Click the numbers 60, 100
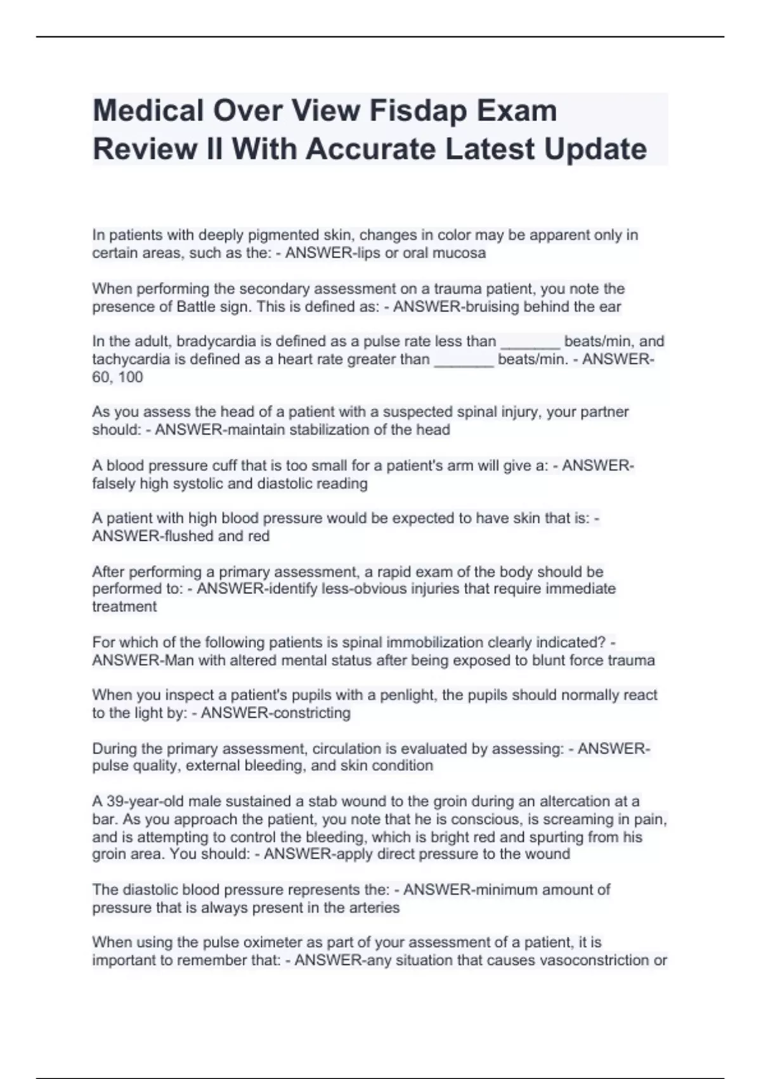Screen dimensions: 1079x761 coord(117,377)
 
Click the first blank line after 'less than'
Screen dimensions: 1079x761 coord(530,343)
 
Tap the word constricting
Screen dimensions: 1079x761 coord(311,713)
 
